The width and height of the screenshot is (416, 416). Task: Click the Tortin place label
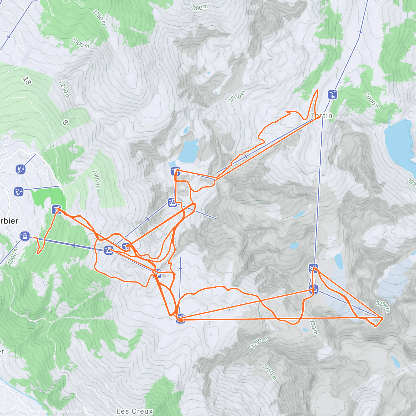pos(322,115)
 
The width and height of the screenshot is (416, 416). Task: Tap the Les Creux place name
pos(135,411)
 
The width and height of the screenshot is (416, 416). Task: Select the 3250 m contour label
pos(383,306)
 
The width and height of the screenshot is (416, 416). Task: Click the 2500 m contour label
pos(237,97)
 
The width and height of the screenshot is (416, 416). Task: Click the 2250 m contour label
pos(64,90)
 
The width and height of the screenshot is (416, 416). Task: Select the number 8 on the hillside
pos(65,122)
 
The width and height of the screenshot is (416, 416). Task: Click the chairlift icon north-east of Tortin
pos(332,94)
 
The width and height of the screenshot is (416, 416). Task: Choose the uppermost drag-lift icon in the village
pos(21,169)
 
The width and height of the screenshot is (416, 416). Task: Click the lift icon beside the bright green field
pos(57,210)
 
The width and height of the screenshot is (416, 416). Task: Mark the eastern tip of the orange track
pos(382,318)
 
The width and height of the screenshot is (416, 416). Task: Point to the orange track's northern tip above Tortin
pos(317,91)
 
